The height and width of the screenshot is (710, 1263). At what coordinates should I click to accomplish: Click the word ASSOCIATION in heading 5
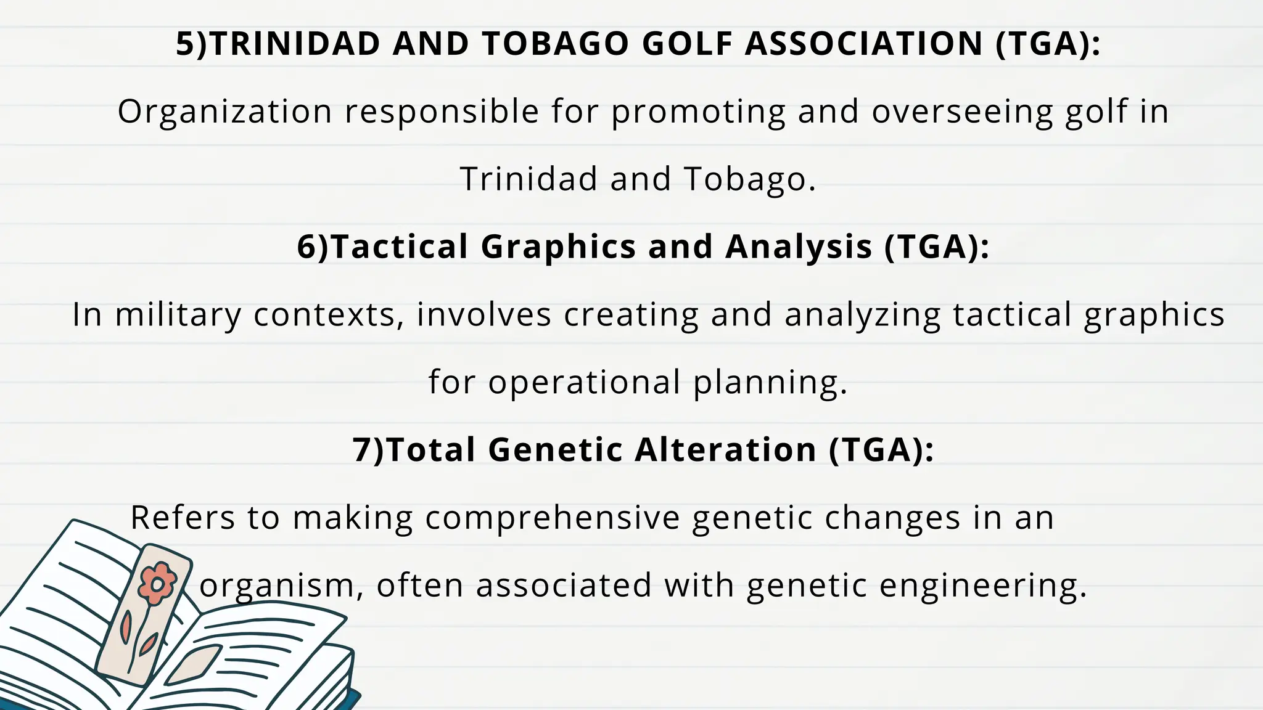[x=864, y=44]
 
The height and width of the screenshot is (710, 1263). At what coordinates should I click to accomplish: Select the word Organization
[x=225, y=112]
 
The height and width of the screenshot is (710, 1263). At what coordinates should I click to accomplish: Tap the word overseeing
[x=962, y=112]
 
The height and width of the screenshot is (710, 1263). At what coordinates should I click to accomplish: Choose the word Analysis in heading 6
[x=799, y=248]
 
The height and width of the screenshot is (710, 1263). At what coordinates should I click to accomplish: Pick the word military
[x=178, y=315]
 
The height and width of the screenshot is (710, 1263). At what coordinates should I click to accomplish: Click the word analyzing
[x=862, y=315]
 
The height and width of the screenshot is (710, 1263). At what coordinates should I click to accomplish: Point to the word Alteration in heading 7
[x=725, y=449]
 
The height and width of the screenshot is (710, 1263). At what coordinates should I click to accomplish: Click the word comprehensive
[x=552, y=518]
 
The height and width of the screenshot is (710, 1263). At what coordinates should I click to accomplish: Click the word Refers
[x=183, y=518]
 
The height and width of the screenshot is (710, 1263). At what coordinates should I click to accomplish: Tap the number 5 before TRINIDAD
[x=184, y=44]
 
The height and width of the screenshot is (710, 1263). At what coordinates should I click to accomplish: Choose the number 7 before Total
[x=361, y=449]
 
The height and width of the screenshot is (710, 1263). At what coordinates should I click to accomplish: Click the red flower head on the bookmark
[x=157, y=582]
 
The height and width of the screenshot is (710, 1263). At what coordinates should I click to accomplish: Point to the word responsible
[x=442, y=112]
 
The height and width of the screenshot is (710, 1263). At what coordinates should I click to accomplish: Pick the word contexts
[x=328, y=315]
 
